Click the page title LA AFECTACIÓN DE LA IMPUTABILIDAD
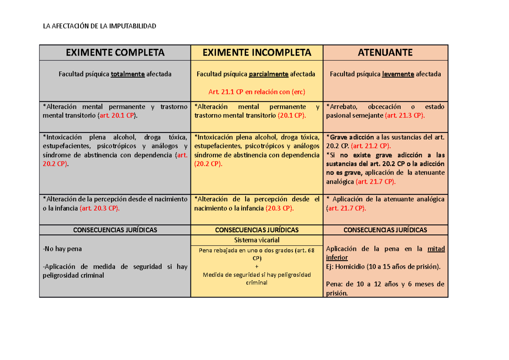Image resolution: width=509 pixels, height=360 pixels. point(100,26)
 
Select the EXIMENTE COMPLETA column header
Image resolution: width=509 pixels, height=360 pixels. point(115,53)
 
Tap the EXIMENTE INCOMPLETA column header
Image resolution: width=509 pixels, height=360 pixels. point(257,53)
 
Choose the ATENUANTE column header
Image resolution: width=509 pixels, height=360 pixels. point(385,53)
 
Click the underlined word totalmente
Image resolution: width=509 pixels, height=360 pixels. point(128,74)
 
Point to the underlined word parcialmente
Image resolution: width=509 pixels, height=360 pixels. point(269,74)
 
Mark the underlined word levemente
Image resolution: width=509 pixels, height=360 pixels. point(398,74)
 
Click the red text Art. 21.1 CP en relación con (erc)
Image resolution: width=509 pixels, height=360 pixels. point(257,92)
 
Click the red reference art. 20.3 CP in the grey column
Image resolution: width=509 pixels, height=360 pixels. point(100,208)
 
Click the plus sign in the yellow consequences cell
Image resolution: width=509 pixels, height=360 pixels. point(257,267)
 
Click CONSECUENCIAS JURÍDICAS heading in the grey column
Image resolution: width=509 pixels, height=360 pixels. point(115,230)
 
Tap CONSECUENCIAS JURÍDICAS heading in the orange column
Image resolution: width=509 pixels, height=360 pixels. point(385,230)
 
